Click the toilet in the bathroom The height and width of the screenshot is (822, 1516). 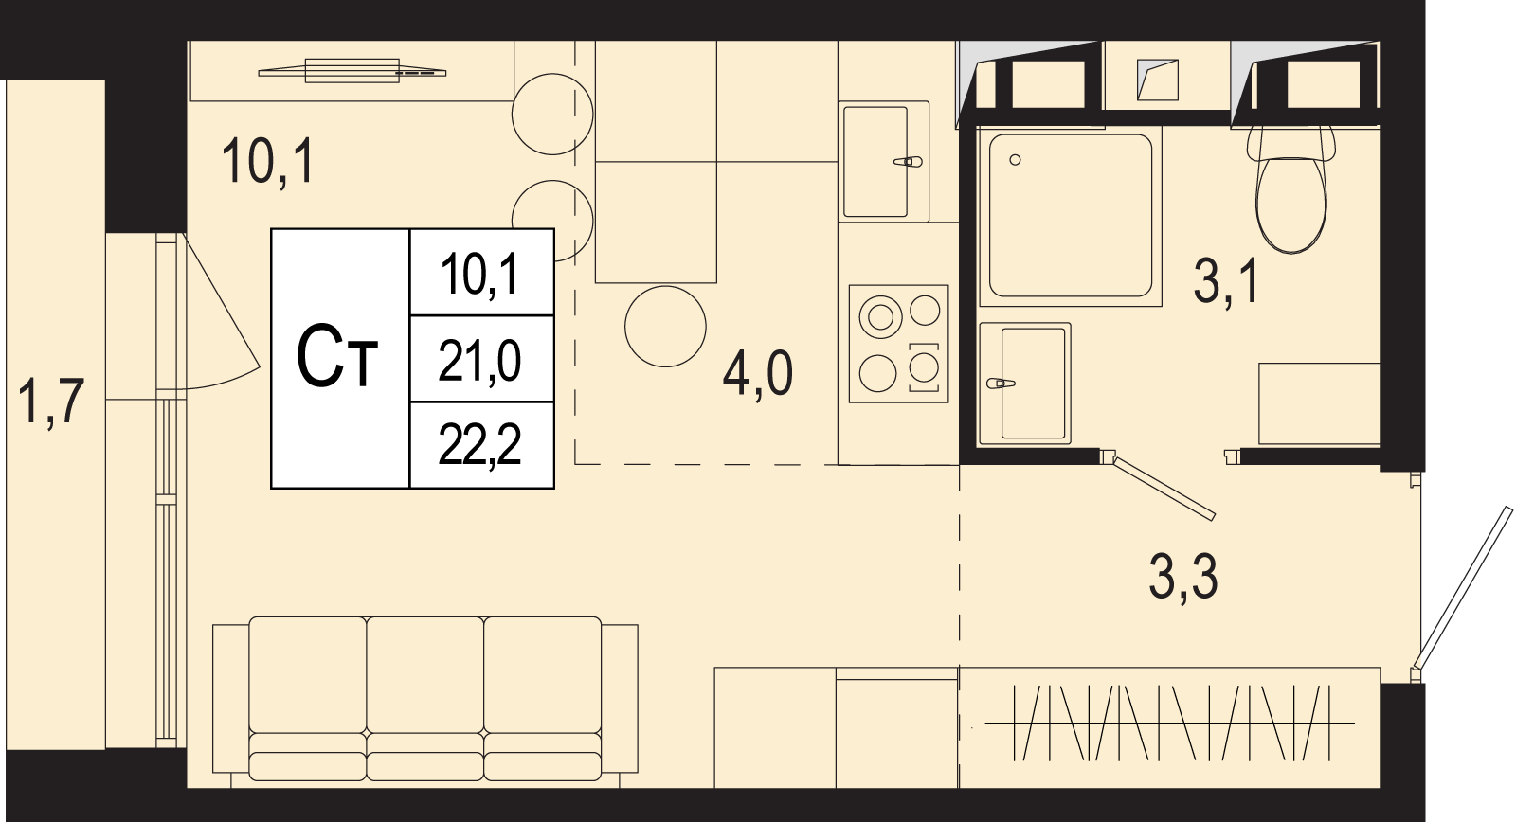(x=1290, y=189)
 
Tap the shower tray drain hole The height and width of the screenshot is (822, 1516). (x=1015, y=160)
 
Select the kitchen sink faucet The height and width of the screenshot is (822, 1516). (x=908, y=162)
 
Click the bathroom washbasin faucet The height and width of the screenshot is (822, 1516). (x=1001, y=384)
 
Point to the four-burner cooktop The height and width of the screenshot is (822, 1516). (x=899, y=344)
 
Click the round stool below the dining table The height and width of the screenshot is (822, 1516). (x=665, y=326)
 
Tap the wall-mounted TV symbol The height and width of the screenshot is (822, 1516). (x=352, y=71)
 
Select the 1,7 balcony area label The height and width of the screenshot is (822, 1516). (x=51, y=402)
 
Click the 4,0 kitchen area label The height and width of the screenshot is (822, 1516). (x=757, y=373)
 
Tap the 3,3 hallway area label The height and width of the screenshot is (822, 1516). (x=1183, y=577)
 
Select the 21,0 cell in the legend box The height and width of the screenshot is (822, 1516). (x=482, y=359)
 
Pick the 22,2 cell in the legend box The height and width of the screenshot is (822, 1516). (x=482, y=445)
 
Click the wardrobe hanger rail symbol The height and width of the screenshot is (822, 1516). (x=1169, y=723)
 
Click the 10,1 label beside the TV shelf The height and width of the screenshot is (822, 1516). (x=268, y=160)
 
